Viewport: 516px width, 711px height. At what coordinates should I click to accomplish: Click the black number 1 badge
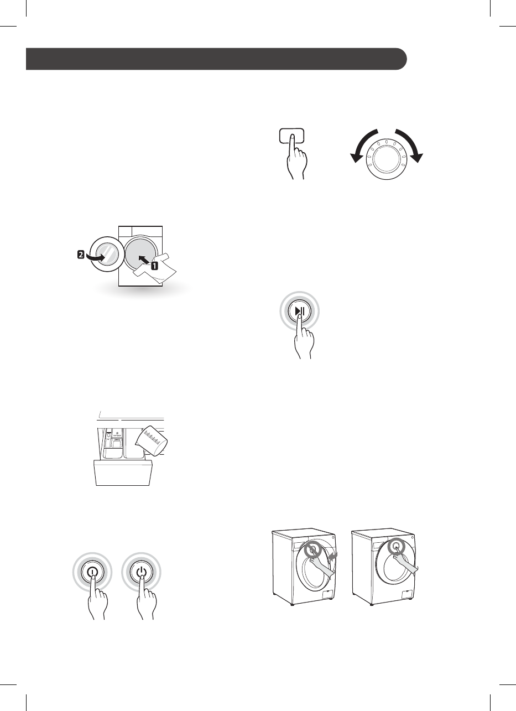tap(154, 266)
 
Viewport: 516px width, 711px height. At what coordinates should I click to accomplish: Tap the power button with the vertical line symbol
tap(92, 572)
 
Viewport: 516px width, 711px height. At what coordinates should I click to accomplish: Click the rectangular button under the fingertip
tap(291, 138)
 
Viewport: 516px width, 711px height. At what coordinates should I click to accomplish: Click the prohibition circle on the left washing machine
tap(313, 550)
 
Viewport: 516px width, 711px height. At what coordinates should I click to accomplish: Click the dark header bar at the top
tap(216, 59)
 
